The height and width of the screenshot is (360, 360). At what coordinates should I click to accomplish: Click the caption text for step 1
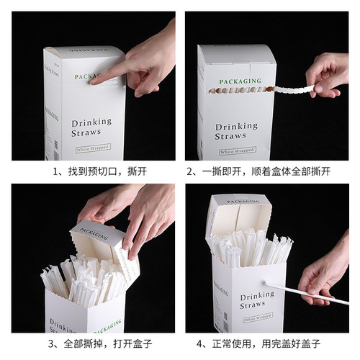point(90,172)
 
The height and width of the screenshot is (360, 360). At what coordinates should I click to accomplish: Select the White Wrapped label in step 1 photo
point(94,150)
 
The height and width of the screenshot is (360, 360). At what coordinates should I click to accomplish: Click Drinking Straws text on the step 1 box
point(91,127)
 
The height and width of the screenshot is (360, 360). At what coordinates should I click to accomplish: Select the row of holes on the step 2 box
point(238,91)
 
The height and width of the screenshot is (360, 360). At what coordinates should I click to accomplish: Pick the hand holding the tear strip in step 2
point(328,76)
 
